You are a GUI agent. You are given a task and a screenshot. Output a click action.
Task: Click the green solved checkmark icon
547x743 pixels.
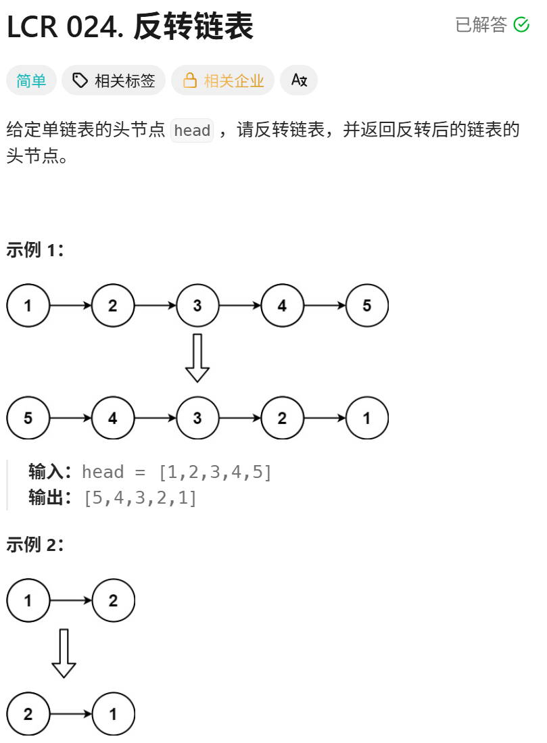[521, 25]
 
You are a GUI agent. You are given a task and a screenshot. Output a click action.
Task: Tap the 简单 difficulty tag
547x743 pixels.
[31, 81]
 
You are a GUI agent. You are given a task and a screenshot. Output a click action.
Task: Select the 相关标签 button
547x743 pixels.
[114, 81]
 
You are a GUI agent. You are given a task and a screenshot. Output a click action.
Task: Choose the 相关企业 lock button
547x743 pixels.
[222, 81]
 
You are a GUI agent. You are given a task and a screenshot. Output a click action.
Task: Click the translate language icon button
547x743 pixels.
[299, 80]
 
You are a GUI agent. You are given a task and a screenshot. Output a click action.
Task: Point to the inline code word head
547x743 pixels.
[192, 130]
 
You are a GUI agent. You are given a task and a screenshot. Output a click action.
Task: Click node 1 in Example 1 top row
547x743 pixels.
[28, 306]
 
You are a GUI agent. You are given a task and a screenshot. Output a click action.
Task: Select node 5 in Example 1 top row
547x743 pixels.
[366, 306]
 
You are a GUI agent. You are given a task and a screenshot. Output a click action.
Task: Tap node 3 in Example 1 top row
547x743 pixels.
[197, 306]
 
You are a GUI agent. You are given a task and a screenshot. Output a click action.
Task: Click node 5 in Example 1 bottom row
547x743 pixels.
[28, 418]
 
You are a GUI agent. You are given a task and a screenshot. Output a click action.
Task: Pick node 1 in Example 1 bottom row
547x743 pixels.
[366, 418]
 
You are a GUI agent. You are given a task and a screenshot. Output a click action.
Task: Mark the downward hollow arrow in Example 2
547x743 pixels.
[64, 653]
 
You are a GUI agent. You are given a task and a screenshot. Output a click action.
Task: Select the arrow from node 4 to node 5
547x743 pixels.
[325, 306]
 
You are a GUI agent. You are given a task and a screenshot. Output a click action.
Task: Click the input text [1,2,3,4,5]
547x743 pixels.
[214, 472]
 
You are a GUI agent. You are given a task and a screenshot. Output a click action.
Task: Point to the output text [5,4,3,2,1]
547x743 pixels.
[139, 498]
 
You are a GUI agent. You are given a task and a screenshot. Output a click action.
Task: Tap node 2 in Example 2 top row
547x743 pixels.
[113, 600]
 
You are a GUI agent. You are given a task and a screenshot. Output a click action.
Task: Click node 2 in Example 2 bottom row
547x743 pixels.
[28, 714]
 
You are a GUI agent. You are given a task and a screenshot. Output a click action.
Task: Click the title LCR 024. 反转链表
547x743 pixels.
[130, 27]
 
